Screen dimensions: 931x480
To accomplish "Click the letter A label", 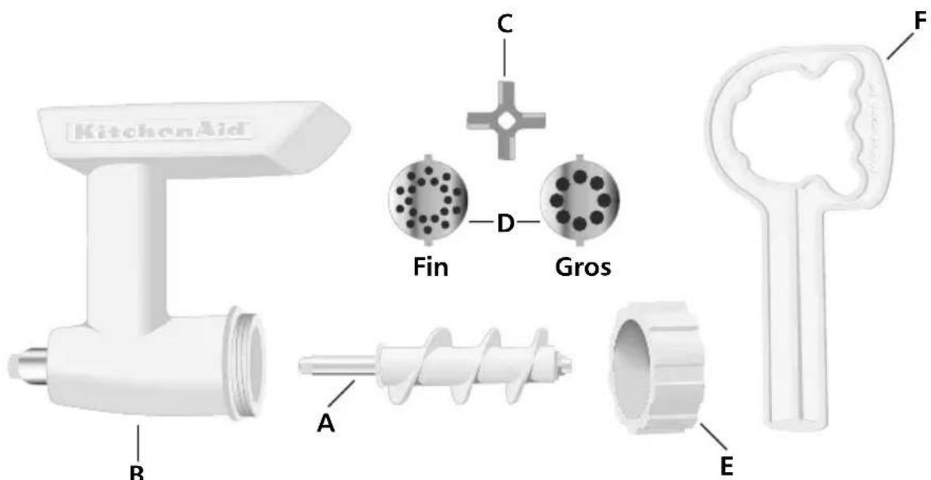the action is point(327,423).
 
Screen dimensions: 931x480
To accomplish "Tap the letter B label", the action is point(138,472).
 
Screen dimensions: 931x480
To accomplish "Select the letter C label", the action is point(503,23).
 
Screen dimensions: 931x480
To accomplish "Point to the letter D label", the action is point(504,225).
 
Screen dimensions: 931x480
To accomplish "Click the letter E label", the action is point(727,467).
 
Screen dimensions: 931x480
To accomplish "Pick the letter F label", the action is point(919,21).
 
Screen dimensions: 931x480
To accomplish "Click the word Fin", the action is point(431,268).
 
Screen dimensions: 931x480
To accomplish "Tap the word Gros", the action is point(582,268).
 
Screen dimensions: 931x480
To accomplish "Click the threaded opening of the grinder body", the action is point(245,363).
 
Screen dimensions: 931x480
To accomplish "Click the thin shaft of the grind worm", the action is point(337,367).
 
